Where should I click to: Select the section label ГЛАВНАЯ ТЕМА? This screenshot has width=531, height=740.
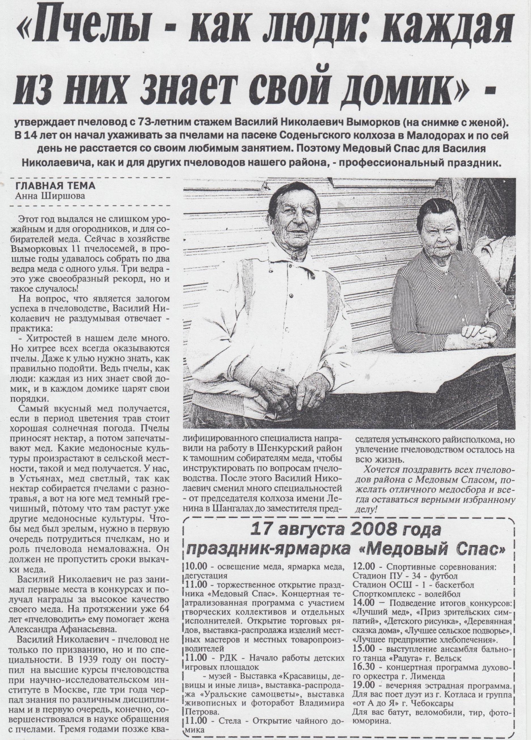[x=56, y=186]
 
